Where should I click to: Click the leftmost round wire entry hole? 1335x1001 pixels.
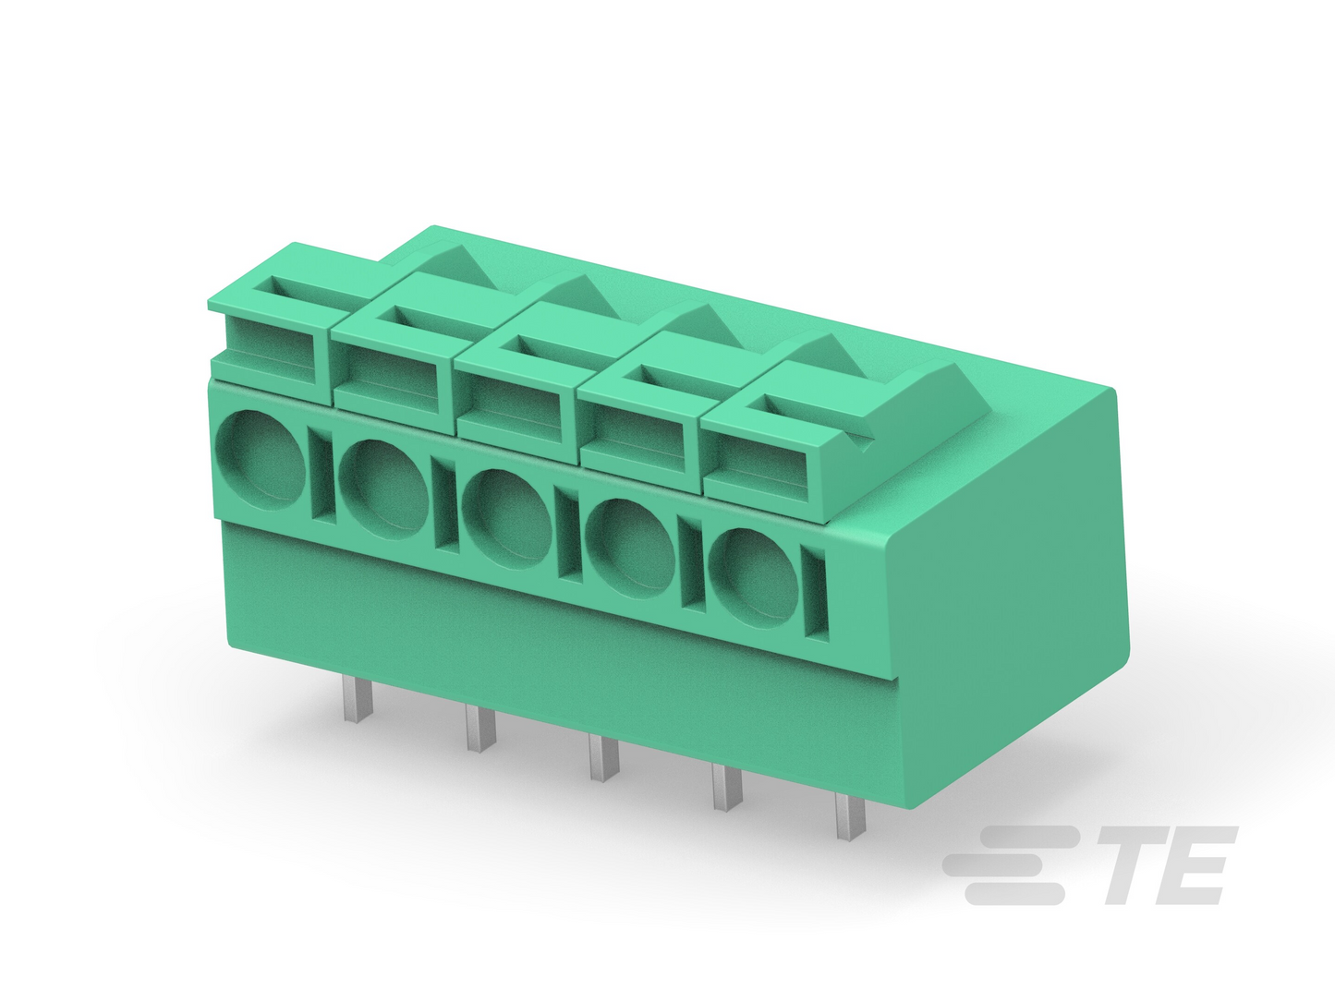point(260,460)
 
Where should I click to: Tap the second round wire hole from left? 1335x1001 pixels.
point(383,489)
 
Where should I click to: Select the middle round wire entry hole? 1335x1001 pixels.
point(506,519)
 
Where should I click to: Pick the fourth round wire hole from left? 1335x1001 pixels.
point(631,549)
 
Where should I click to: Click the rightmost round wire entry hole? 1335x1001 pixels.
point(754,578)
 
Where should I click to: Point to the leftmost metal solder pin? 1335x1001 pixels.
point(358,700)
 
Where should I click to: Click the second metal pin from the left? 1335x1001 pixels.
point(480,729)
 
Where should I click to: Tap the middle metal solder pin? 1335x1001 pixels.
point(604,758)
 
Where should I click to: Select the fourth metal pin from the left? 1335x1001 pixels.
point(727,788)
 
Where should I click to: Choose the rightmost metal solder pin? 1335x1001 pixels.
point(850,817)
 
